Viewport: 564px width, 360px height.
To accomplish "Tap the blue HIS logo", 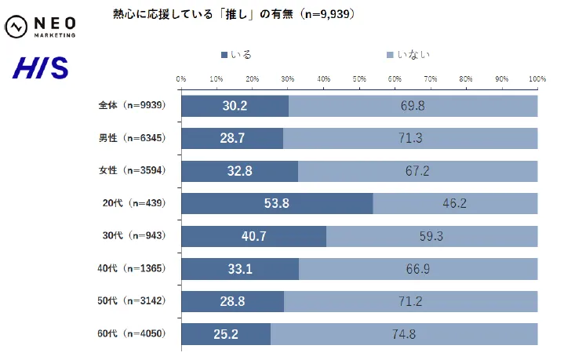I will (x=40, y=67).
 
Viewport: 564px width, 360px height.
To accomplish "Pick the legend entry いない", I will (x=406, y=55).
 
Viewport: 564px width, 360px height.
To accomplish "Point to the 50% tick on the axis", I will (x=359, y=79).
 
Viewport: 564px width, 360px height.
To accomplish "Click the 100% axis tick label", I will (x=537, y=79).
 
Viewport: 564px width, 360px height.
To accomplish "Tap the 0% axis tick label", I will (x=181, y=79).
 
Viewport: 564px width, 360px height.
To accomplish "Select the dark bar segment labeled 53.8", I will (x=277, y=203).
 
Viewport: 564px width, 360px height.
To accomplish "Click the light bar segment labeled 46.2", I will (x=455, y=203).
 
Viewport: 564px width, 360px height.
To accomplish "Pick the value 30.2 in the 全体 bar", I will (x=235, y=106).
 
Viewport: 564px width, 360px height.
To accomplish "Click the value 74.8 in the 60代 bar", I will (x=404, y=333).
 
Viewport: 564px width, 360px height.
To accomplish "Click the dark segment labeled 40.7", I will (x=253, y=236).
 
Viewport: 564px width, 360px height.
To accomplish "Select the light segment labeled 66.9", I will (x=418, y=269).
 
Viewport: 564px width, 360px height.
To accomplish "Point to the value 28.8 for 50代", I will (x=232, y=301).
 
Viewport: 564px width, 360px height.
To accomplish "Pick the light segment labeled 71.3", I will (x=410, y=138).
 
